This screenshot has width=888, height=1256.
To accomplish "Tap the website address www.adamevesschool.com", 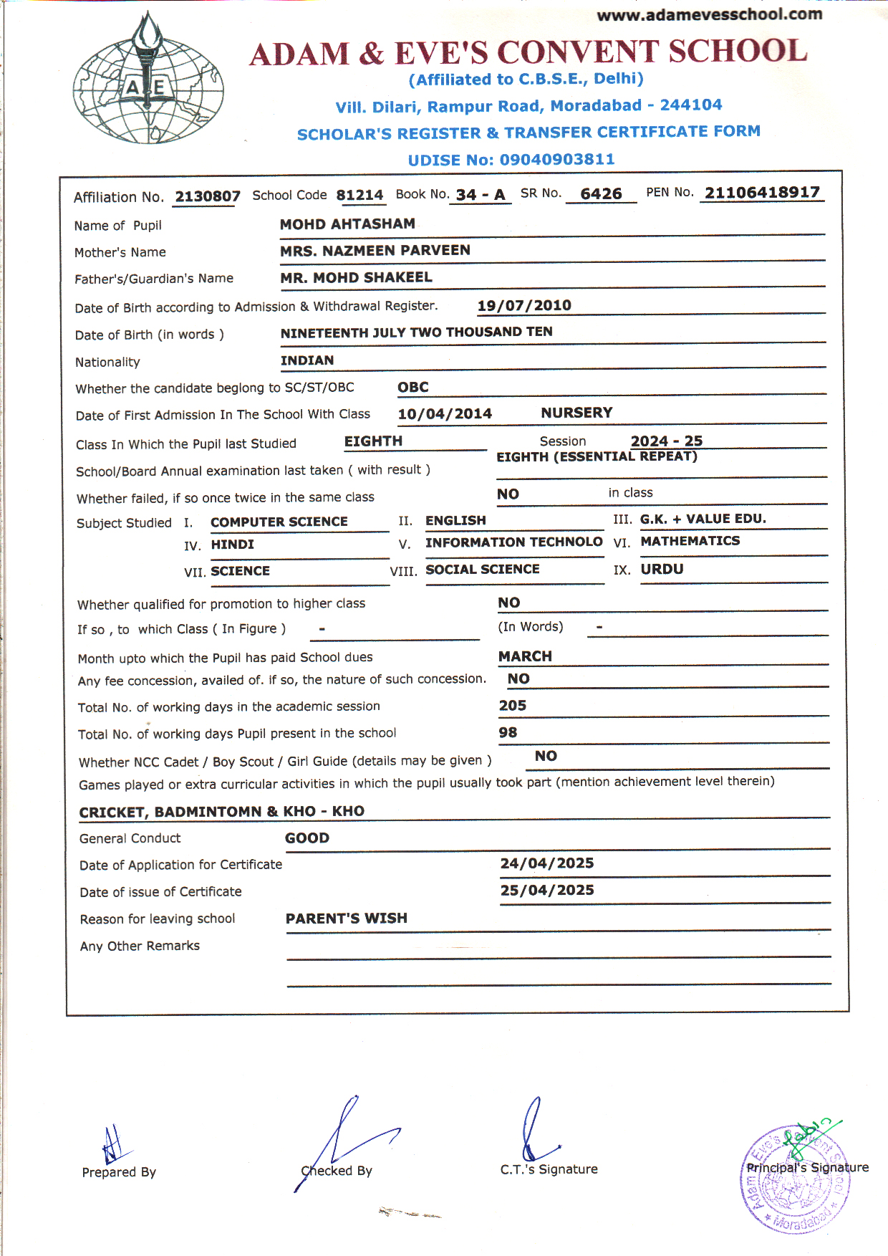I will (x=709, y=14).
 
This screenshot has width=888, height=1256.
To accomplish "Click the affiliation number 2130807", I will (x=207, y=196).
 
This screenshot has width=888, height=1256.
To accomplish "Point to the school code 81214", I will (x=359, y=195).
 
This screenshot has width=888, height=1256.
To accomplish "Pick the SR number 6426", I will (x=601, y=194).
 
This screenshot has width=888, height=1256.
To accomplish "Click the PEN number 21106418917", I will (x=762, y=192).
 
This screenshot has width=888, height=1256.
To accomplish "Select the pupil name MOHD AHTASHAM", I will (x=347, y=224).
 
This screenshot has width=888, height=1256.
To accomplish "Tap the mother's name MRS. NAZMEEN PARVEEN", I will (x=375, y=250).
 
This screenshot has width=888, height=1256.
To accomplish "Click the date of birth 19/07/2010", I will (x=524, y=305).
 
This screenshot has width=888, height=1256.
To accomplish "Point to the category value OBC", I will (x=413, y=387).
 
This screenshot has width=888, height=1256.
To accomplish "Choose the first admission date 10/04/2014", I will (x=445, y=413).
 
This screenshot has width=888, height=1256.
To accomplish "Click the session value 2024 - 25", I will (x=666, y=441).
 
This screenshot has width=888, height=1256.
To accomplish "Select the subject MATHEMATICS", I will (x=690, y=541).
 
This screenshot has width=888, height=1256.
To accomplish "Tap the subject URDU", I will (x=662, y=569).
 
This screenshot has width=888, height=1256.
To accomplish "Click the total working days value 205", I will (x=513, y=706).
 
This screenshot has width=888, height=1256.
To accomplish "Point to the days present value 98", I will (x=508, y=732).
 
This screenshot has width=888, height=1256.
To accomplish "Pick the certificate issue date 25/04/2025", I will (x=547, y=890).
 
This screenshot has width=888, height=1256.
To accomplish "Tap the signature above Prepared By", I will (x=112, y=1145).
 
